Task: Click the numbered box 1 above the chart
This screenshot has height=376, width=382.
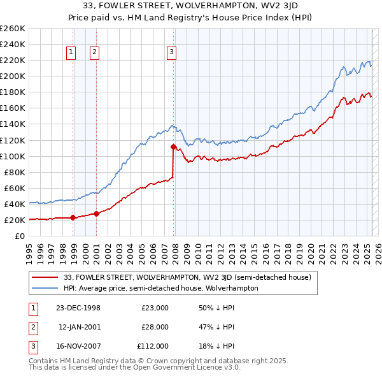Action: point(70,53)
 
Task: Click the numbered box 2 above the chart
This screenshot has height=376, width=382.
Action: point(94,53)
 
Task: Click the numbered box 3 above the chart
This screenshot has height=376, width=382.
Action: point(172,53)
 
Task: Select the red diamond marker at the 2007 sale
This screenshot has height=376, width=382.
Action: point(173,147)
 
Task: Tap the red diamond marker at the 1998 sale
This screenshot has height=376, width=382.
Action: point(73,217)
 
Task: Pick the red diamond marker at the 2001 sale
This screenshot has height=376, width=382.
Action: point(96,213)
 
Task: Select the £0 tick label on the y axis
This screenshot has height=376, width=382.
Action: point(20,236)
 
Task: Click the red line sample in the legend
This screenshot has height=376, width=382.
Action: point(45,277)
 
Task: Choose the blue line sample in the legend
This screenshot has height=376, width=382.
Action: point(45,288)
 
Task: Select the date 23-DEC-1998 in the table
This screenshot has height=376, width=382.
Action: point(78,308)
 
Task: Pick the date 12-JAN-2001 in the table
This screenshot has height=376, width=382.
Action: point(80,327)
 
